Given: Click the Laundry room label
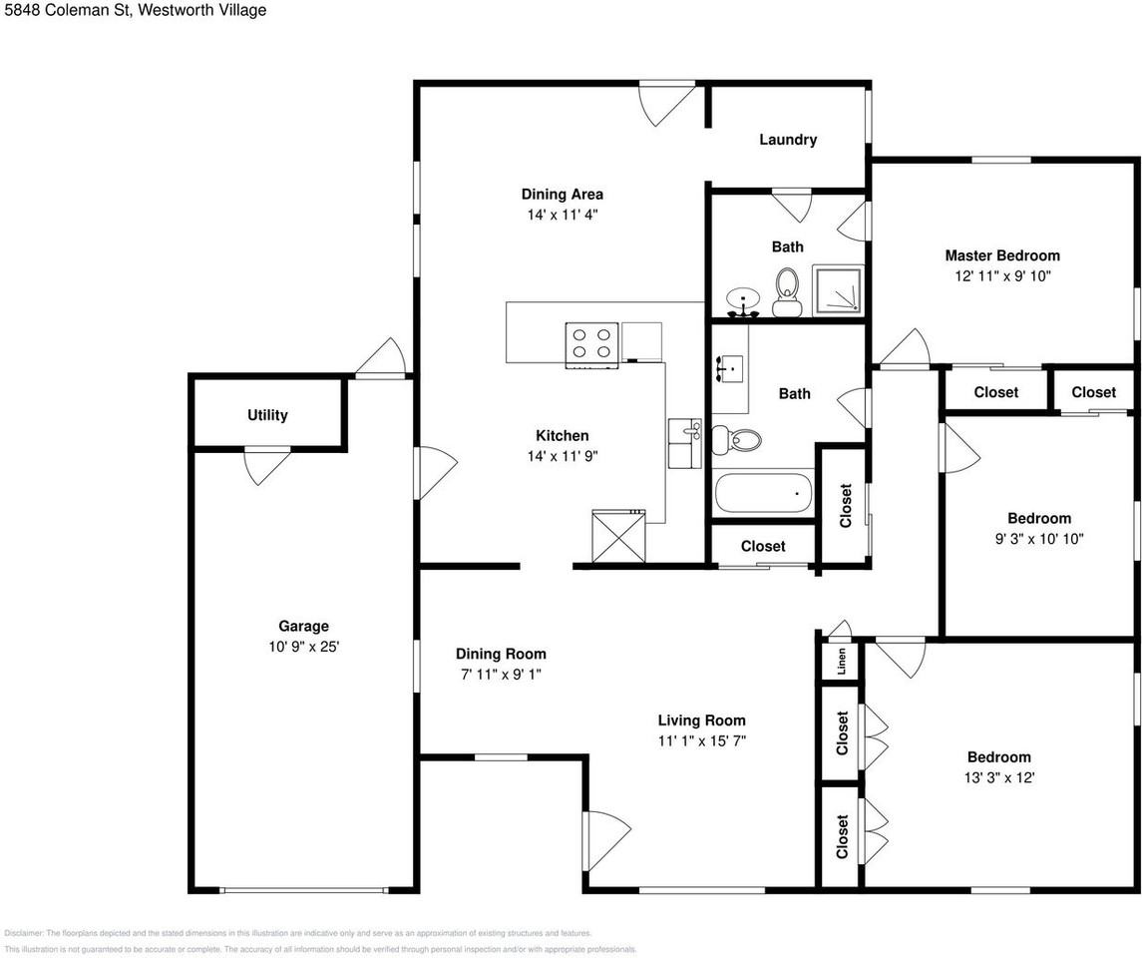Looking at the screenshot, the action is [x=788, y=139].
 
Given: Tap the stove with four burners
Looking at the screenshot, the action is [x=591, y=344].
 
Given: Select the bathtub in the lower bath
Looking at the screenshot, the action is [x=763, y=493].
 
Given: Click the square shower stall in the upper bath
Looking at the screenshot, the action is [x=838, y=290].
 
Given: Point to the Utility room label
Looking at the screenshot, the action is [x=267, y=414].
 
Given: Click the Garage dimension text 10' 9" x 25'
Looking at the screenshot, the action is [x=304, y=647].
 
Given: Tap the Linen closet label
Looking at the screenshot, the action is [x=842, y=662].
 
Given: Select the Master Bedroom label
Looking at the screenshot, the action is [x=1002, y=255].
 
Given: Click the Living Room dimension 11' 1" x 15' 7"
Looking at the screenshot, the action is [x=701, y=740].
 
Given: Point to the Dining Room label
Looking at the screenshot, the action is [x=501, y=654].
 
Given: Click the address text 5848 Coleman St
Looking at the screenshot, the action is [x=66, y=10].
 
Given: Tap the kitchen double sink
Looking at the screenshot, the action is [x=684, y=443].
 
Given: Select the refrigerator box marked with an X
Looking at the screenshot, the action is [x=618, y=536].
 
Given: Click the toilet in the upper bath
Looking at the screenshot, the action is [x=786, y=292].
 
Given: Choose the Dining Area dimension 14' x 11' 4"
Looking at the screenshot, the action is [x=563, y=215].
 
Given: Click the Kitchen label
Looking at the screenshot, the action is [x=563, y=436].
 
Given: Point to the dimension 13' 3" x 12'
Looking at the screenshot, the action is [x=999, y=777].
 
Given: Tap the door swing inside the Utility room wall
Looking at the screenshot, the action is [x=266, y=466].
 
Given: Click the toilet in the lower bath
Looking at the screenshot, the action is [x=736, y=438].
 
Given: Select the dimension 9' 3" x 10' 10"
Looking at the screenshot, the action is [x=1039, y=538].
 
